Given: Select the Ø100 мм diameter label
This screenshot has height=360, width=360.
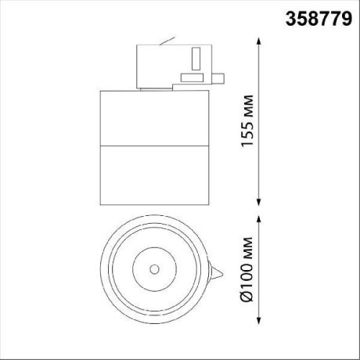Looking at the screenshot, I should coord(249,269).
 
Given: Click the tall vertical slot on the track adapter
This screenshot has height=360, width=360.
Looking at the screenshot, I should coord(195,59).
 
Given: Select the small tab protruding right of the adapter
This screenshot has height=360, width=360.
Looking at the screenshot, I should coord(220,77).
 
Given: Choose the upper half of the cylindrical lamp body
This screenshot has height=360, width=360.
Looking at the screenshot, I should coord(155,117).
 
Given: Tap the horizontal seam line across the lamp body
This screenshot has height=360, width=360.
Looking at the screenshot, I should coord(155,146).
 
